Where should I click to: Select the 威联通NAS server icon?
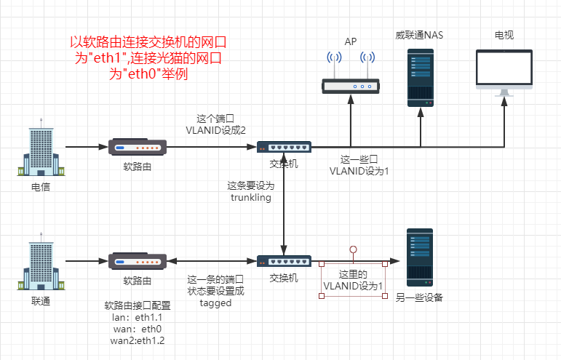tap(420, 78)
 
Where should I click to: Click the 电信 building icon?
tap(41, 150)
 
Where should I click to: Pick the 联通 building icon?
tap(41, 263)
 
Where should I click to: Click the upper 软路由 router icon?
tap(138, 147)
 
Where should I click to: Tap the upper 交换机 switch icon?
tap(284, 147)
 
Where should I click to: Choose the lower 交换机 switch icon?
tap(284, 260)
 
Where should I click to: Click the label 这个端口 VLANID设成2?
tap(215, 124)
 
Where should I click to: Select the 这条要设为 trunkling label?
tap(251, 191)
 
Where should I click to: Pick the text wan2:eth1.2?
tap(138, 340)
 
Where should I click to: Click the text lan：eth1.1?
tap(138, 317)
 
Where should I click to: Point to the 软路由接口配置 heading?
tap(138, 305)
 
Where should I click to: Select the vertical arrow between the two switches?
tap(284, 204)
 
